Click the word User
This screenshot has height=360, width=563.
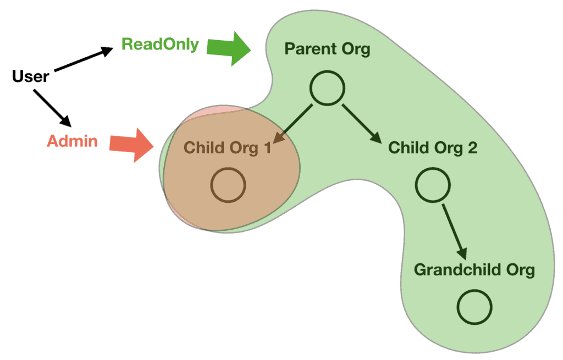[x=30, y=76]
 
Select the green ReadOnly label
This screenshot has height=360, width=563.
[x=160, y=45]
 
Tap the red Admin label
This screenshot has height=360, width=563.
[x=72, y=141]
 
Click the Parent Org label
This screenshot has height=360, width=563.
[x=327, y=49]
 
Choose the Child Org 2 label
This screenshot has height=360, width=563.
[x=433, y=148]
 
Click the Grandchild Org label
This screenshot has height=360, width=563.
[x=474, y=270]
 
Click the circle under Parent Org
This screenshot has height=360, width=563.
[x=327, y=88]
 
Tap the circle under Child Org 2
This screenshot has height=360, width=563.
[x=433, y=185]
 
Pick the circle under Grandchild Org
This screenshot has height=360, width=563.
[x=474, y=307]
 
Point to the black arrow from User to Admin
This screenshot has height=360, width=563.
[x=54, y=108]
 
